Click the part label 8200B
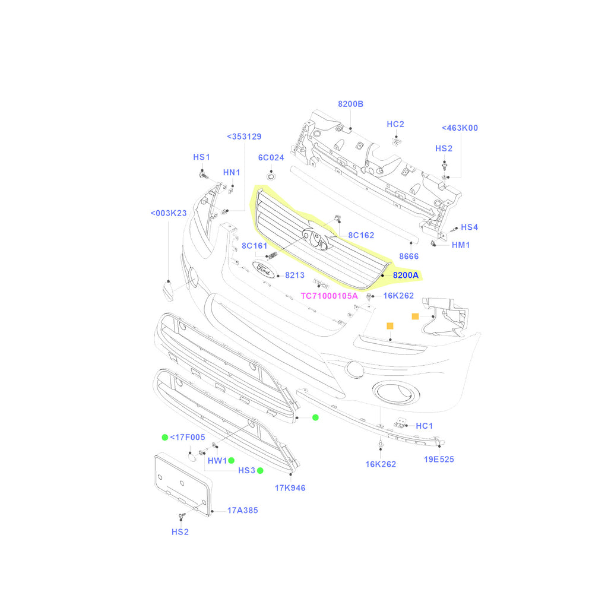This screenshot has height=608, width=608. click(350, 104)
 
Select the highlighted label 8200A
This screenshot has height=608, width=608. click(406, 275)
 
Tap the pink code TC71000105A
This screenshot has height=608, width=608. click(329, 296)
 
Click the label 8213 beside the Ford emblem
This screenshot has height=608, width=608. click(294, 275)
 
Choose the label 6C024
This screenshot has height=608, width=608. click(271, 158)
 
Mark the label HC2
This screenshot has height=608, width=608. click(395, 124)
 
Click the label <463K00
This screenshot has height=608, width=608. click(460, 128)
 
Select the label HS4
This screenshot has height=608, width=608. click(469, 227)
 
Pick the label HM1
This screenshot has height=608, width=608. click(461, 245)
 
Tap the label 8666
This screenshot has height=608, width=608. click(408, 256)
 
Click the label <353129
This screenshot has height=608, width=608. click(244, 137)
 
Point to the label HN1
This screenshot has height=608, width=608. click(232, 172)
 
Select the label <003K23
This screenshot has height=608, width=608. click(169, 213)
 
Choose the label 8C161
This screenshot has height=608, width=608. click(255, 246)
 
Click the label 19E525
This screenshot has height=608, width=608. click(439, 459)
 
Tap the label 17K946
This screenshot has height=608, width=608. click(290, 488)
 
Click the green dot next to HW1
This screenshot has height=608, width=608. click(232, 461)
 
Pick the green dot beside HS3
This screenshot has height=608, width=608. click(260, 471)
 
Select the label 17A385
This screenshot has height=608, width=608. click(243, 510)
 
